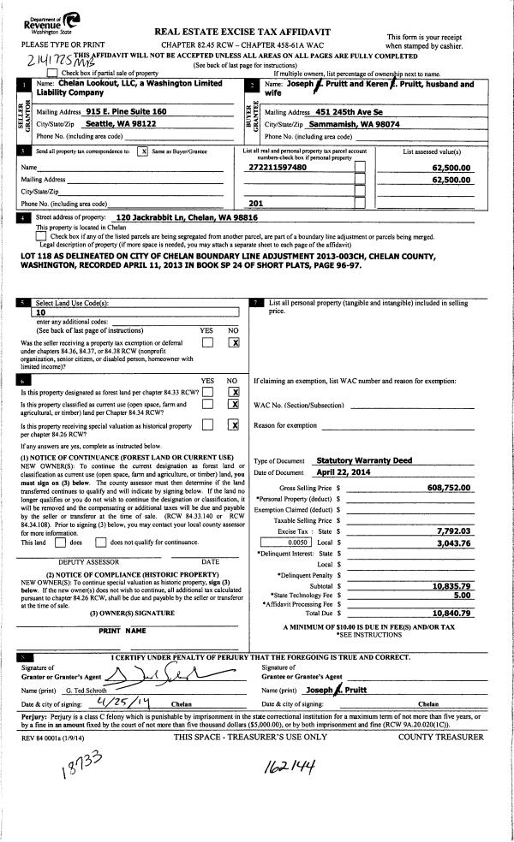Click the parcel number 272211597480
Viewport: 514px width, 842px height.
tap(277, 168)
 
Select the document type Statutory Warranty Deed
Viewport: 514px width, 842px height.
tap(359, 460)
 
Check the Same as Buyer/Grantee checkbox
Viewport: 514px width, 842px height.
tap(143, 151)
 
